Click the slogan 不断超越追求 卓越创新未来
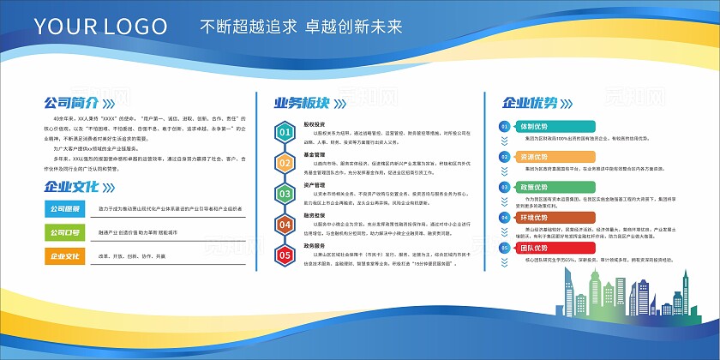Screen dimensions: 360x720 [300, 27]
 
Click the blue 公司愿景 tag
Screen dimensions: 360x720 [64, 208]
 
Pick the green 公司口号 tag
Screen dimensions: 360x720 [64, 231]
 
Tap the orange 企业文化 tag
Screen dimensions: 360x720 [64, 255]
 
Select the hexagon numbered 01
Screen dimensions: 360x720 [285, 132]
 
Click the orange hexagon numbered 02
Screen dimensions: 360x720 [285, 163]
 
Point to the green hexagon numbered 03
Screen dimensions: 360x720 [285, 194]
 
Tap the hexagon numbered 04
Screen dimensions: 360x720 [285, 224]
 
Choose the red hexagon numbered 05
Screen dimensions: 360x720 [285, 255]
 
